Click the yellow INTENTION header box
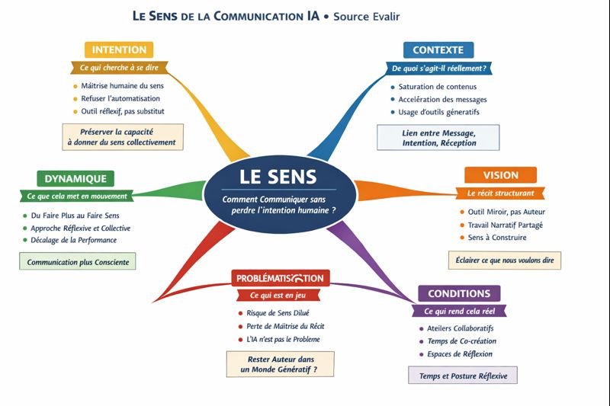tap(119, 50)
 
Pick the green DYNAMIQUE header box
tap(75, 179)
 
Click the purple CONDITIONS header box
tap(459, 293)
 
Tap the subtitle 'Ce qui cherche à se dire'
tap(118, 68)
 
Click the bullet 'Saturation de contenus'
tap(432, 86)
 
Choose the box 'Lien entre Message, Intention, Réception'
tap(438, 138)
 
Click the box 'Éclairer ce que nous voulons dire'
tap(504, 260)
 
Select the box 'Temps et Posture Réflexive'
tap(464, 376)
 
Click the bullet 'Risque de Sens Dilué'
tap(278, 313)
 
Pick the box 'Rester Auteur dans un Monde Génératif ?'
tap(281, 364)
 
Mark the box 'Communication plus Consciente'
tap(78, 262)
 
